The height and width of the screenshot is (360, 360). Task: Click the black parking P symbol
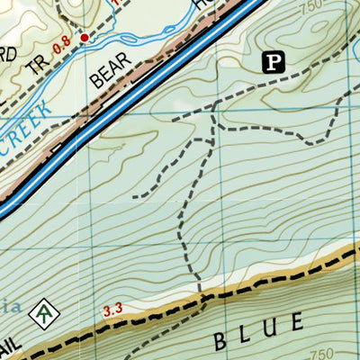click(274, 62)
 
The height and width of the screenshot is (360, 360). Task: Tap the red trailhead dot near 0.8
click(85, 38)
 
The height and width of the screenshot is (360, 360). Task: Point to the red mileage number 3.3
click(112, 311)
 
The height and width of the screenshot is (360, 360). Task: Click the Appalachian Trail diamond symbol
click(43, 314)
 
